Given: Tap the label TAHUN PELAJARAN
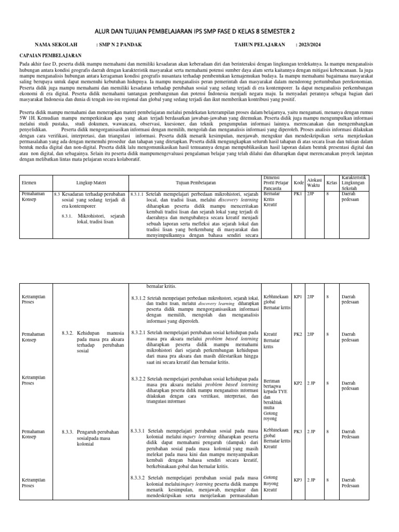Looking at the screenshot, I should [x=259, y=45].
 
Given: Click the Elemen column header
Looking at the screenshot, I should [x=29, y=183].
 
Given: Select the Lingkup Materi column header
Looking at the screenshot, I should [x=90, y=183].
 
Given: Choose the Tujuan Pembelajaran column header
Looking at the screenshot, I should [x=196, y=183].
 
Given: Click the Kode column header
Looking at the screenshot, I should [x=298, y=183].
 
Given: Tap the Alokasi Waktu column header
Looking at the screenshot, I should [x=313, y=183].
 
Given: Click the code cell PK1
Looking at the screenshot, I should [x=298, y=193].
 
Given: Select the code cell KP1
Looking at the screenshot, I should [x=298, y=297].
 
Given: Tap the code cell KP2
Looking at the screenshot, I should [x=298, y=383].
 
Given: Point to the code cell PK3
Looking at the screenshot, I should [x=298, y=431].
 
